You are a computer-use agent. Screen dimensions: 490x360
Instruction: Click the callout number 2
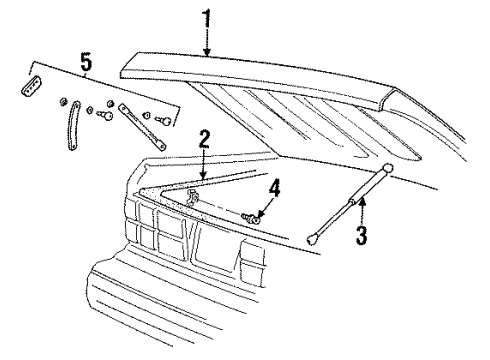click(x=204, y=139)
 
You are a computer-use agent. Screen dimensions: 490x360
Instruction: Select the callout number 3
click(x=363, y=237)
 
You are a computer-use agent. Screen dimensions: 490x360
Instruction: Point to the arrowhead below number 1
click(x=206, y=52)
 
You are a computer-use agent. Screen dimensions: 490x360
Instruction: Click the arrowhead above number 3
click(x=363, y=201)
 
